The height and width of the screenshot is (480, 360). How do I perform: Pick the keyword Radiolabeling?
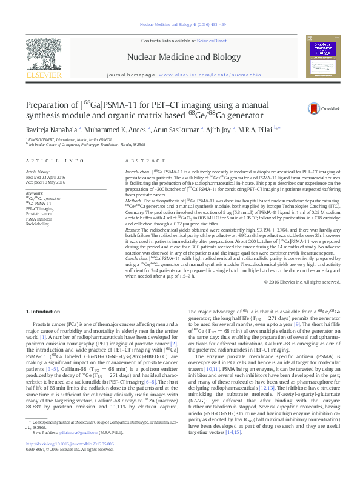point(38,224)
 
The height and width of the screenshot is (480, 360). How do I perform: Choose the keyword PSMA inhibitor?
point(39,219)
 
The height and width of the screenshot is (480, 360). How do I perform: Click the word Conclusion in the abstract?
point(138,258)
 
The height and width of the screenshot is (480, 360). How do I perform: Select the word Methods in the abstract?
point(135,199)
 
